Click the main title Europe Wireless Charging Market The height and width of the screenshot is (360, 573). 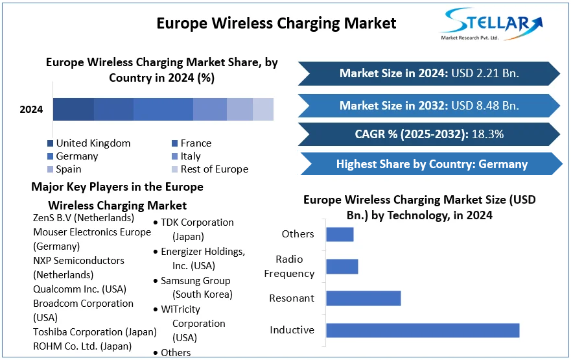tap(276, 23)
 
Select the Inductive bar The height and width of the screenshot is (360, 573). tap(423, 330)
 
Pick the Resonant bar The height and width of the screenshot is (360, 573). tap(363, 298)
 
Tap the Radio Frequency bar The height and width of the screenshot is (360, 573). tap(342, 267)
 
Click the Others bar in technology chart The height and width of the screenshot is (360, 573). tap(340, 234)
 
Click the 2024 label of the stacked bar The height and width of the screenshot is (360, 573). tap(31, 110)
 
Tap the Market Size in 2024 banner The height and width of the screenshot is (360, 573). tap(428, 73)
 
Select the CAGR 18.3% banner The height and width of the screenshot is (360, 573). tap(428, 135)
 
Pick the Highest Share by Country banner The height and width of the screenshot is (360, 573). tap(431, 164)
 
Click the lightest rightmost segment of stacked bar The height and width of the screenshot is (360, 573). tap(263, 110)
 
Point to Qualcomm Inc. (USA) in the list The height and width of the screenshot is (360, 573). tap(79, 289)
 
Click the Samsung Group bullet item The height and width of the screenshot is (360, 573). tap(195, 287)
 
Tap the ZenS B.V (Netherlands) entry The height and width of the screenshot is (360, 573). tap(83, 218)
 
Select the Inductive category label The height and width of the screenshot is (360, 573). tap(292, 330)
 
